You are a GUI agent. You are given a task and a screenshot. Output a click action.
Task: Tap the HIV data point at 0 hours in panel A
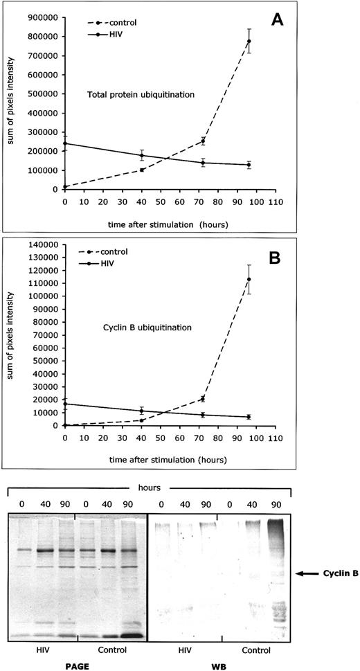[64, 143]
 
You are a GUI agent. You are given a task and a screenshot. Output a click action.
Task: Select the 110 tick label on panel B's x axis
[276, 439]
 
